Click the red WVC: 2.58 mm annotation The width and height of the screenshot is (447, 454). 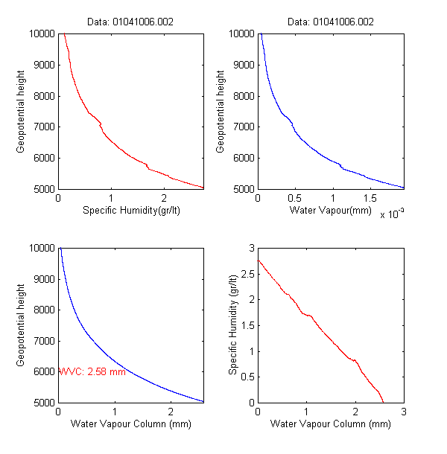coord(92,371)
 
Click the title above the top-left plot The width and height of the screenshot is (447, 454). coord(131,22)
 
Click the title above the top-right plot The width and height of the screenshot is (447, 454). coord(330,22)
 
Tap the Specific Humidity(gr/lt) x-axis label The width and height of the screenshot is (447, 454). coord(131,211)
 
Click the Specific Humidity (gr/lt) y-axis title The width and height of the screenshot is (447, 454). coord(234,324)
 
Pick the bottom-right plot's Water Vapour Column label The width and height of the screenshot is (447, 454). coord(330,425)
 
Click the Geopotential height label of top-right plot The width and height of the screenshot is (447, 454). coord(221,111)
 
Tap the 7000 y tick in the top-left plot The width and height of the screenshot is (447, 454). coord(43,127)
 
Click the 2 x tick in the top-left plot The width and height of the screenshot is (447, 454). coord(165,199)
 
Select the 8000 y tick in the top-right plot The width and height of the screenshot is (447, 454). coord(243,96)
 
